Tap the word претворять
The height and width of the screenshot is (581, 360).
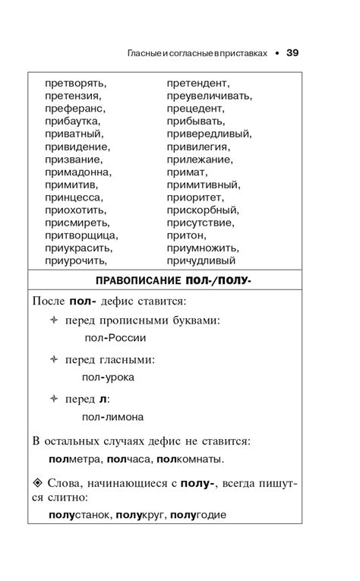76,84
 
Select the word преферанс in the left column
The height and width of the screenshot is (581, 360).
76,109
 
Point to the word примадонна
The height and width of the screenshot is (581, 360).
78,172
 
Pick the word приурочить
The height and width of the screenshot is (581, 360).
76,261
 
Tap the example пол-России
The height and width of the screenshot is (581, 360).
115,338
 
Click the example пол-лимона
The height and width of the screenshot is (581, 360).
114,416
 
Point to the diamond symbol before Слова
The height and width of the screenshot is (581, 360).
38,483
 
